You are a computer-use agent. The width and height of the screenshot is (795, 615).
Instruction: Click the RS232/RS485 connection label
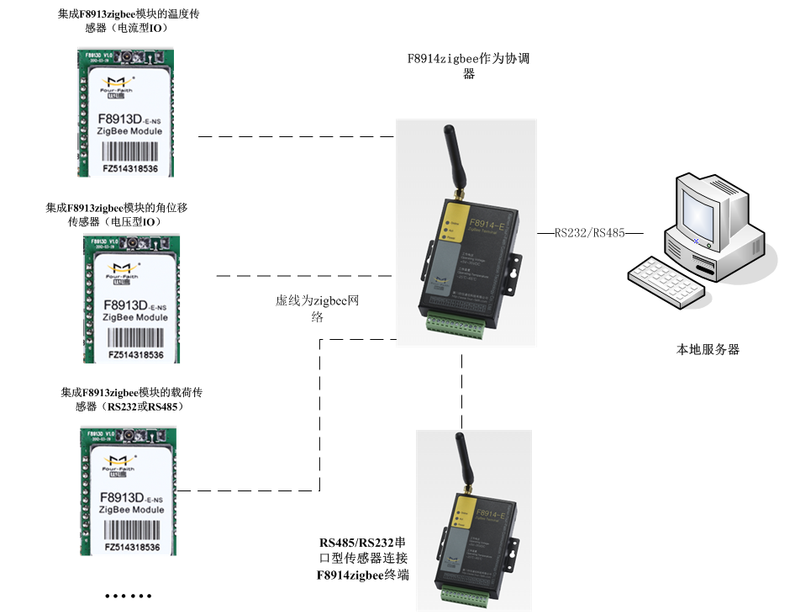[589, 233]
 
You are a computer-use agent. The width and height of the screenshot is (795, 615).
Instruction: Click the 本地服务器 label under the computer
[708, 349]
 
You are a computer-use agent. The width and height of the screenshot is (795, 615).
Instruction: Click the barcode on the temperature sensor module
[130, 153]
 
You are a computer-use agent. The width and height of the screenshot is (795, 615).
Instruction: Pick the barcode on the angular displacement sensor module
[133, 339]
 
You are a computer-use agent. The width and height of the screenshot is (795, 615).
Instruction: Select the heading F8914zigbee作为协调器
[467, 66]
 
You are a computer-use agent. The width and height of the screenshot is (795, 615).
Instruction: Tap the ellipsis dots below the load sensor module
[129, 596]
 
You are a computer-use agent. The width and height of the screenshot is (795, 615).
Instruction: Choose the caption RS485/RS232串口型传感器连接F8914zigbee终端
[363, 559]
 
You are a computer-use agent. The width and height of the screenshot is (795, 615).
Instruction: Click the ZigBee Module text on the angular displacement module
[134, 317]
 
